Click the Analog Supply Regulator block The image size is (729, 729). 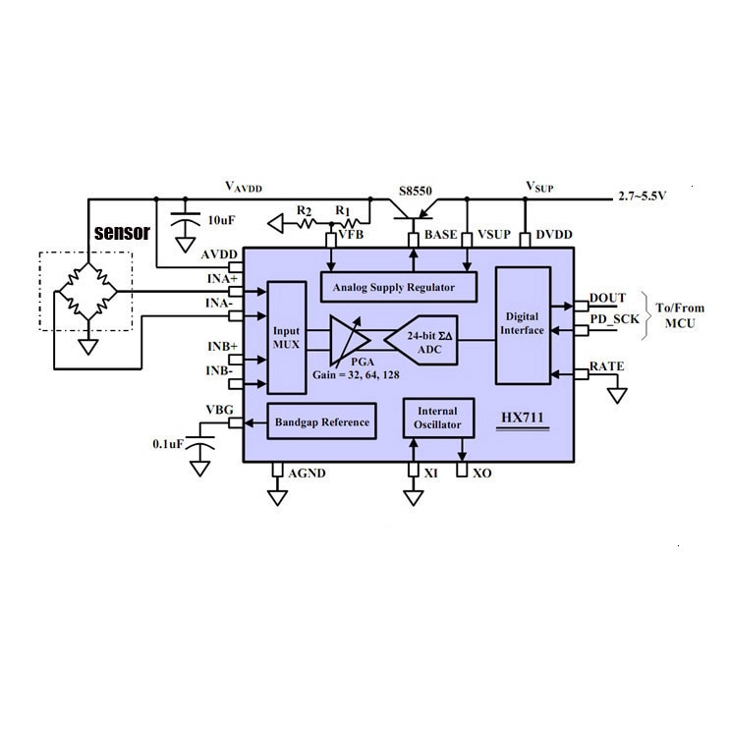(398, 288)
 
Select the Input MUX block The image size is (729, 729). (287, 338)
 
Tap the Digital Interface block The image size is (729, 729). (522, 324)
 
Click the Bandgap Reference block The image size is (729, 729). (320, 422)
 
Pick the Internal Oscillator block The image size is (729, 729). (438, 419)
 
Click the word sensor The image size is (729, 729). (122, 234)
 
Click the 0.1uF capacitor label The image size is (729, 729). (168, 444)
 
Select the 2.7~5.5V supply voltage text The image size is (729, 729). (643, 196)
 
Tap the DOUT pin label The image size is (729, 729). (607, 299)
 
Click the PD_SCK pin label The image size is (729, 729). (614, 319)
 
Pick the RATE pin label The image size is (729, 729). (606, 367)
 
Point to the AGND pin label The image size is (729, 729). (307, 474)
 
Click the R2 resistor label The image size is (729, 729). (305, 211)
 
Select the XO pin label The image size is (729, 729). (481, 474)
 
